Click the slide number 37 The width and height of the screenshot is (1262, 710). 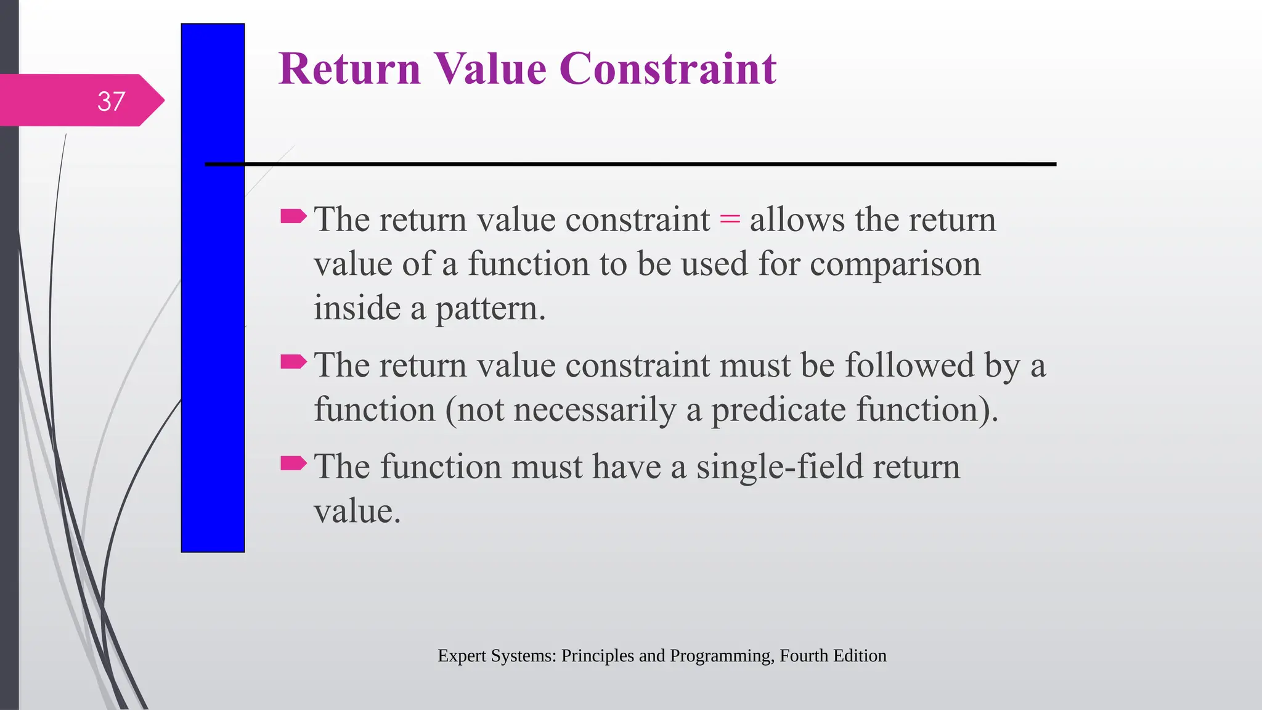[111, 102]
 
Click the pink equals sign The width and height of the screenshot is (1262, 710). [730, 219]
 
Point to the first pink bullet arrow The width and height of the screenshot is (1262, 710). [293, 216]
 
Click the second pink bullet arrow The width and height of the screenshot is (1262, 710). [293, 362]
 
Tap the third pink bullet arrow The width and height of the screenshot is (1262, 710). [293, 463]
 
